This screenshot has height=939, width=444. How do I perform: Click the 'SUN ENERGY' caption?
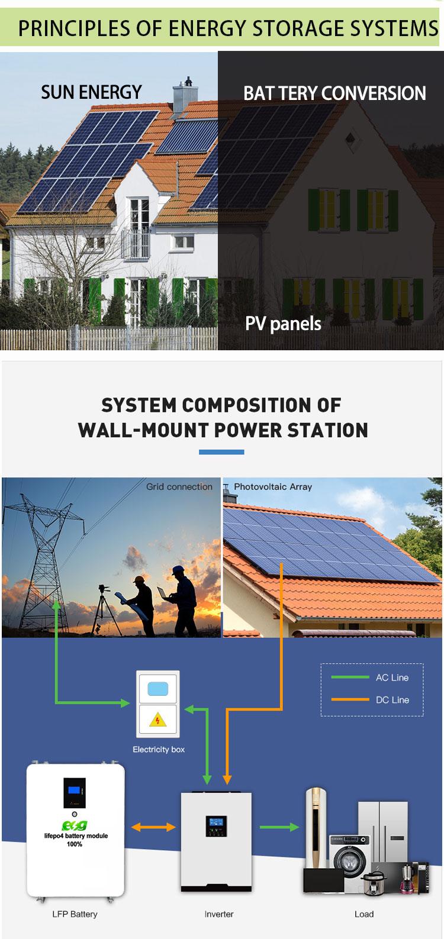[x=91, y=92]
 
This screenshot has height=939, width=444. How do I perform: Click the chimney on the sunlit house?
[x=185, y=94]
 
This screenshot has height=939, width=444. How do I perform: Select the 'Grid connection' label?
[x=179, y=487]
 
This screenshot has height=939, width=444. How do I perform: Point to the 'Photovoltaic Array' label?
[x=273, y=487]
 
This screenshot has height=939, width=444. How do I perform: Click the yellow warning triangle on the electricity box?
[x=157, y=719]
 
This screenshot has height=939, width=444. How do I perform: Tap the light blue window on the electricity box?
[x=157, y=689]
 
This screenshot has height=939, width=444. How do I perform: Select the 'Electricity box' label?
[x=159, y=749]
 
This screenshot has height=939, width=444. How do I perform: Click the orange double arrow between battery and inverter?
[x=153, y=827]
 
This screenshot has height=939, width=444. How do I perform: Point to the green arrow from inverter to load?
[x=279, y=827]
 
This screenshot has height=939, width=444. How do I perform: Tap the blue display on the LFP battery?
[x=74, y=790]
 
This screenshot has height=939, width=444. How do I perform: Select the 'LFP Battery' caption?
[x=75, y=914]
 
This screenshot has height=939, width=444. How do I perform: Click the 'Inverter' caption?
[x=219, y=914]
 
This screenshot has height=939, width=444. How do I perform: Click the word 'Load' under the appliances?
[x=364, y=914]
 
